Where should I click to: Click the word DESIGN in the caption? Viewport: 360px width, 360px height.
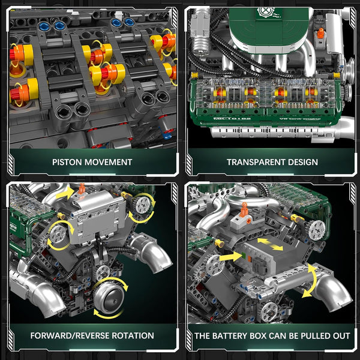301,161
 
